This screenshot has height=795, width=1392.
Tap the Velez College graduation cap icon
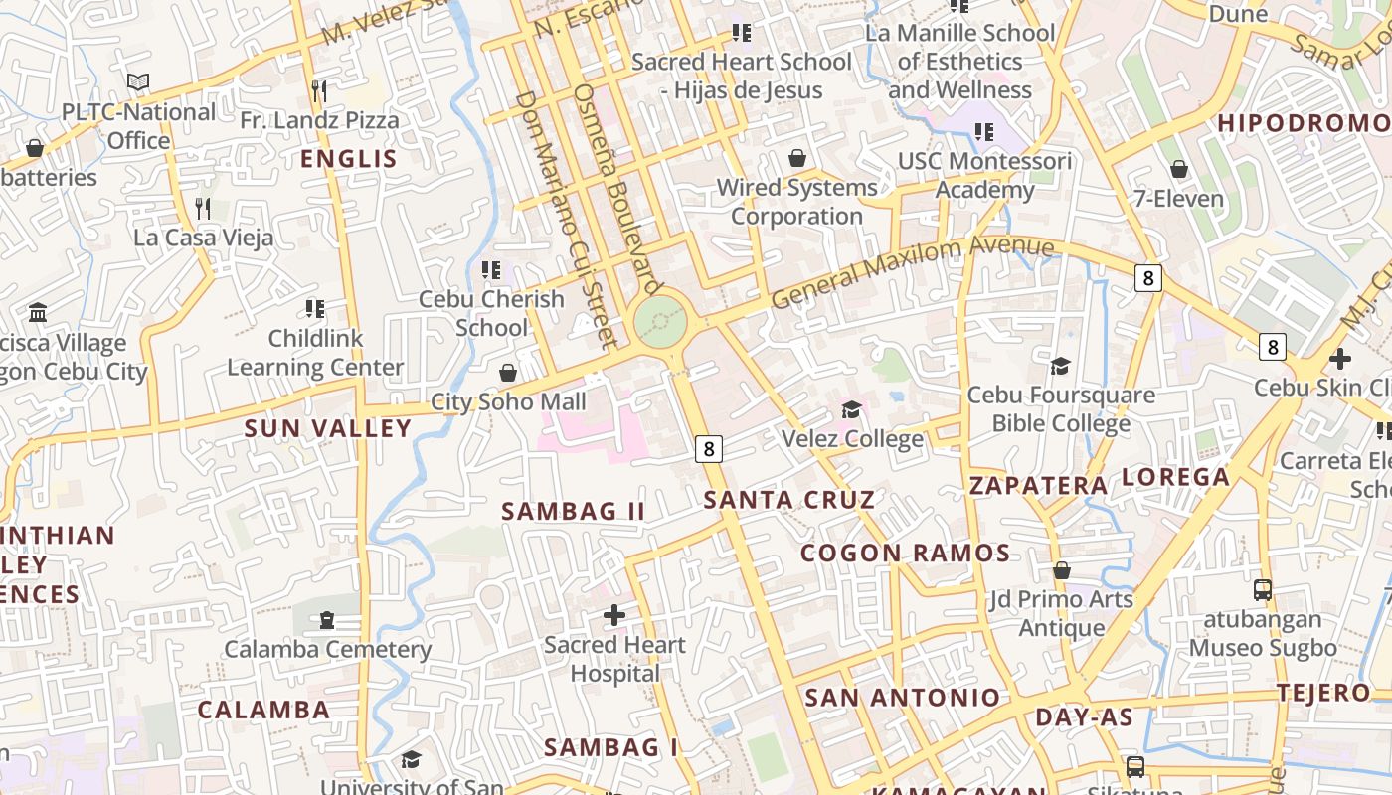[851, 410]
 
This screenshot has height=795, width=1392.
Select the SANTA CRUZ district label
[789, 499]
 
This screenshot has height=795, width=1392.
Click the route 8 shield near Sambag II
[708, 449]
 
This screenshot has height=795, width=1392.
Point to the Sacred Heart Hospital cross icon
[614, 615]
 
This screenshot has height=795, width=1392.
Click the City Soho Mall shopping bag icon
[508, 373]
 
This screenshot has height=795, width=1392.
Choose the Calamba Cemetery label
[327, 649]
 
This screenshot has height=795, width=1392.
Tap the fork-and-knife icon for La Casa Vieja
[203, 209]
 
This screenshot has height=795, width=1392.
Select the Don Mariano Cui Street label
[567, 219]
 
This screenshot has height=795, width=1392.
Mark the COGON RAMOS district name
[905, 554]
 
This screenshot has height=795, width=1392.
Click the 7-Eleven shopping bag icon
[1179, 169]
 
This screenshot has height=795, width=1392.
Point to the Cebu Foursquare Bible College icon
[1060, 366]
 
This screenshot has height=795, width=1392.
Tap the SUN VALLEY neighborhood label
[328, 428]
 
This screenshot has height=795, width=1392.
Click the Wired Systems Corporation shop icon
[796, 158]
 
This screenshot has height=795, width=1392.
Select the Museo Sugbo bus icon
[1262, 590]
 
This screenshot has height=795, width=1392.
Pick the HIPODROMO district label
[1304, 123]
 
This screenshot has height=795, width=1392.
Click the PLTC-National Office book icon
[138, 82]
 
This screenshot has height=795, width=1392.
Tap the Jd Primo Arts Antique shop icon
[1061, 570]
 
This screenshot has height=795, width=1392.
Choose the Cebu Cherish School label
[491, 313]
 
